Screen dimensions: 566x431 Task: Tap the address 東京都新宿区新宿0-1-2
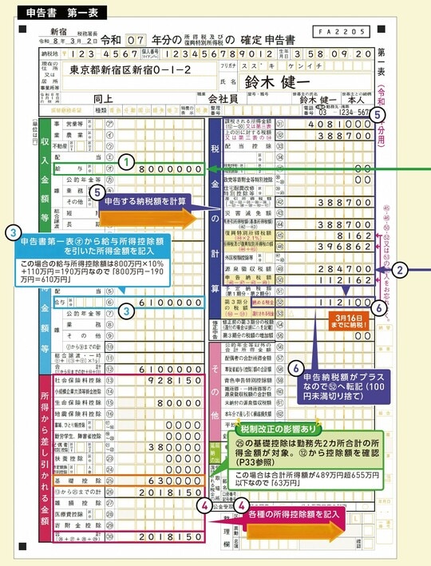131,69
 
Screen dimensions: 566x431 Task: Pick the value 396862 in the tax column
338,247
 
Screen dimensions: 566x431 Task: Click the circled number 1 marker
125,160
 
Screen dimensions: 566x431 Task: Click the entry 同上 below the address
105,100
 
